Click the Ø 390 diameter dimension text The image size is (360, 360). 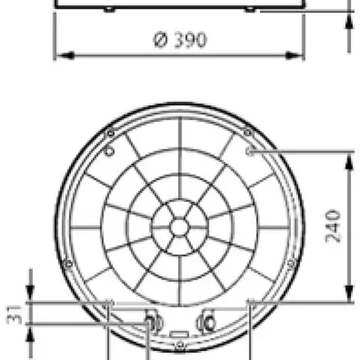tap(180, 41)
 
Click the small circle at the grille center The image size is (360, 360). tap(180, 227)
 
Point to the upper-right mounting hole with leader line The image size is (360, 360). tap(250, 151)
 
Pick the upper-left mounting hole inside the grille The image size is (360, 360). tap(109, 151)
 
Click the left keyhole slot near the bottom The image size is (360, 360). tap(151, 320)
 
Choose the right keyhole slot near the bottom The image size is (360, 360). tap(208, 320)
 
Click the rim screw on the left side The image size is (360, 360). tap(67, 264)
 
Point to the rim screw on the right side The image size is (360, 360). tap(292, 264)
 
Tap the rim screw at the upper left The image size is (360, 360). tap(110, 133)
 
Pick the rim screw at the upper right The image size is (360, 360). tap(249, 133)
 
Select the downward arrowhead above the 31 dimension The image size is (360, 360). tap(31, 296)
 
